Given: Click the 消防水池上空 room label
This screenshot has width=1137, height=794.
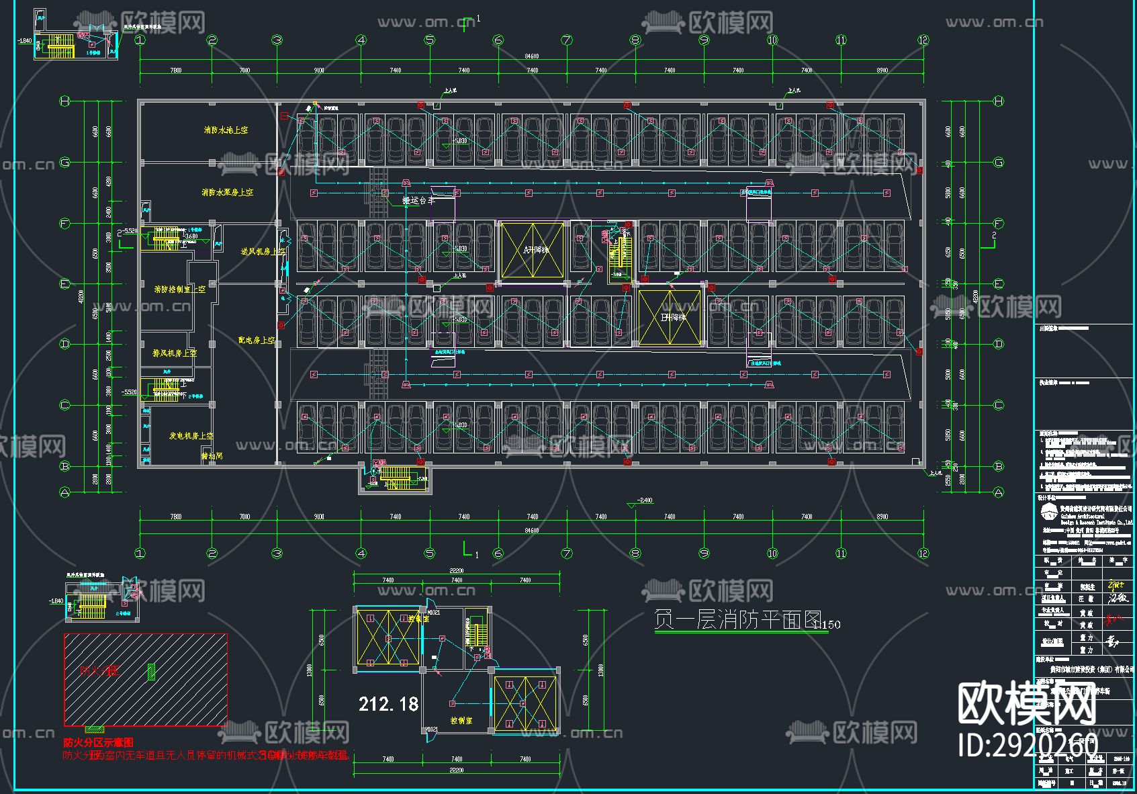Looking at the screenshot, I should (x=226, y=130).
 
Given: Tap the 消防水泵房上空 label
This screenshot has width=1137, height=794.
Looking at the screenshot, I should (x=228, y=192).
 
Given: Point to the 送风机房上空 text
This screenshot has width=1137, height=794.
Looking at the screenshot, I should (x=263, y=251).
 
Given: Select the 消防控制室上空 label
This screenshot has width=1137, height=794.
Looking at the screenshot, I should (x=179, y=290).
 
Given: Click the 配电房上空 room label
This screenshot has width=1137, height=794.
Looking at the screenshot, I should (x=257, y=341).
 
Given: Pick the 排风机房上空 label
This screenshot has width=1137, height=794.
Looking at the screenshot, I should (x=175, y=353).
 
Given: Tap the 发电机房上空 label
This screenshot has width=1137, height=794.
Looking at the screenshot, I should (x=191, y=436).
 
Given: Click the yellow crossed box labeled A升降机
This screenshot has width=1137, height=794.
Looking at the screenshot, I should (x=533, y=250).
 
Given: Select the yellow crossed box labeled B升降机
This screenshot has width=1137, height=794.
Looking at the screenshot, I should (x=670, y=317).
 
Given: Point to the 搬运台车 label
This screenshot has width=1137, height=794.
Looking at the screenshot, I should (x=418, y=200).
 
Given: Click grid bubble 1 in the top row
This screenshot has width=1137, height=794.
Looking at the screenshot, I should (x=140, y=40).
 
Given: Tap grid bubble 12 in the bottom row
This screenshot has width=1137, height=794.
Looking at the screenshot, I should (x=923, y=554).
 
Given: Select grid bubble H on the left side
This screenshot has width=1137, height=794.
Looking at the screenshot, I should (x=65, y=101).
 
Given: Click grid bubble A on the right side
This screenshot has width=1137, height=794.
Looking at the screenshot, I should (x=999, y=493).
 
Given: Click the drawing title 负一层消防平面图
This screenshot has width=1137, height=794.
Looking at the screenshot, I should (x=737, y=619).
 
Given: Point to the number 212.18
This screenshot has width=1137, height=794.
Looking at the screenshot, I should (x=388, y=704).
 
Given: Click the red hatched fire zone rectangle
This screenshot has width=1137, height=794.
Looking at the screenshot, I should (x=146, y=679).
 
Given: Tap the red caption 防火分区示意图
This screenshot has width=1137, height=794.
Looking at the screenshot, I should (x=98, y=742).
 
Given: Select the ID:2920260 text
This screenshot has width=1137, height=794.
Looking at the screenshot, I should (x=1027, y=745).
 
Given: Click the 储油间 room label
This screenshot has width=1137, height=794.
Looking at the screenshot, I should (x=212, y=456).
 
